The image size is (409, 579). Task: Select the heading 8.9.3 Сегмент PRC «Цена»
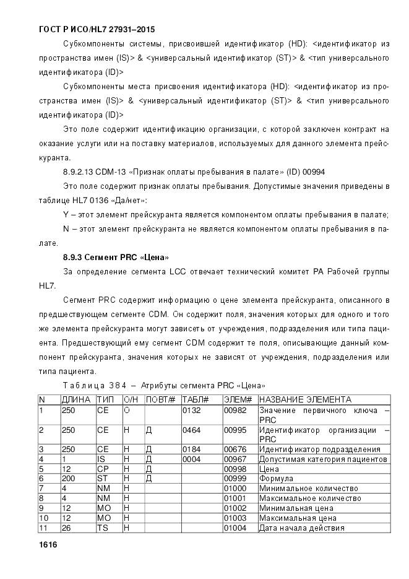click(116, 256)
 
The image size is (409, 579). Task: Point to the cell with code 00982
click(235, 409)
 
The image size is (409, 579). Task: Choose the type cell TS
click(102, 528)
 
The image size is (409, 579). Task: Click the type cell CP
click(103, 469)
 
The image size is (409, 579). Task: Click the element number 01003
click(235, 518)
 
